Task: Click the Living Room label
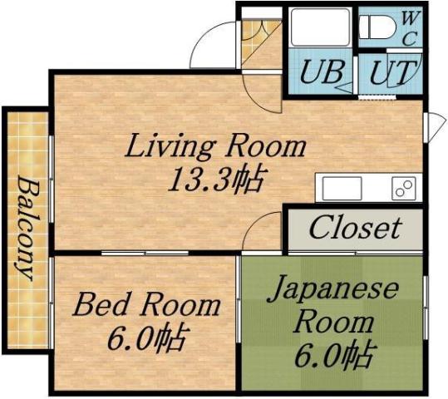pyautogui.click(x=215, y=148)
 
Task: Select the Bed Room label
pyautogui.click(x=145, y=305)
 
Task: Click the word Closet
pyautogui.click(x=355, y=228)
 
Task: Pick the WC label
pyautogui.click(x=411, y=27)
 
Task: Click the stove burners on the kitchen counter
pyautogui.click(x=405, y=188)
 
